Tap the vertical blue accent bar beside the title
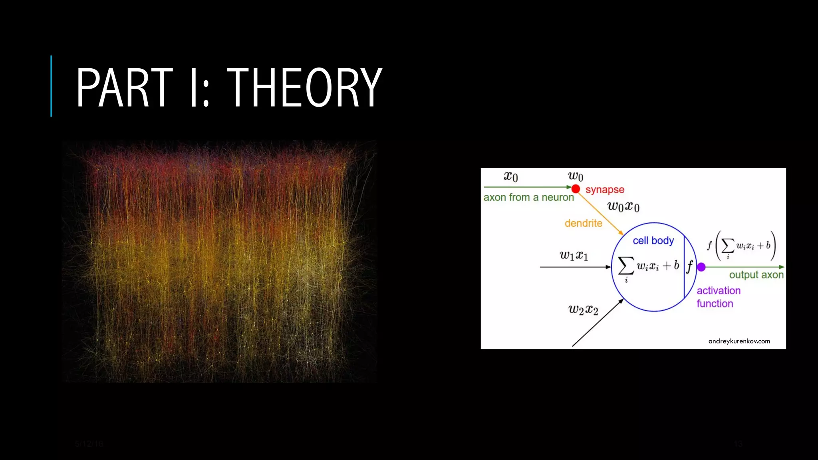(x=51, y=86)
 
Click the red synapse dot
(x=576, y=188)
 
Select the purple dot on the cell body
(x=701, y=267)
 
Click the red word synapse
(x=605, y=190)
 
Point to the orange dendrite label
(x=583, y=223)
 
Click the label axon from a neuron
(x=528, y=197)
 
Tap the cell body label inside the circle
(x=653, y=241)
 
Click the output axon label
(x=756, y=275)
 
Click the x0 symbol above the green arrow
(x=511, y=176)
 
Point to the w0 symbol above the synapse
(x=576, y=176)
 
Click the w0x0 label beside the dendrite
(x=623, y=206)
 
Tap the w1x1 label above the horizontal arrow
(x=574, y=255)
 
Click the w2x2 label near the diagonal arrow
(x=583, y=309)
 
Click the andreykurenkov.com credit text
(x=739, y=341)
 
